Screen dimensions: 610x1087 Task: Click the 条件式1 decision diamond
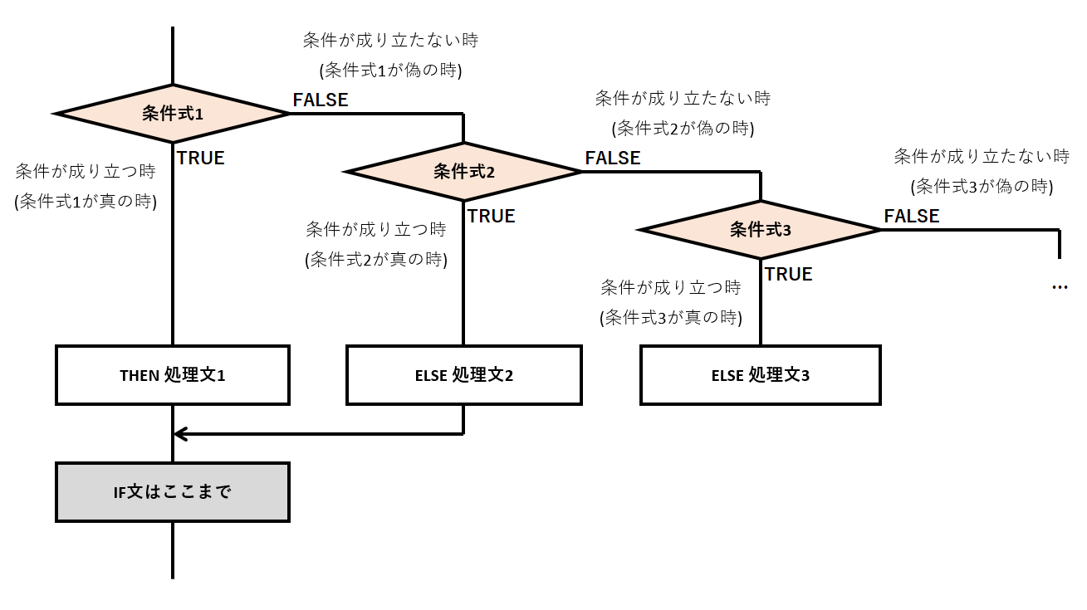pos(173,114)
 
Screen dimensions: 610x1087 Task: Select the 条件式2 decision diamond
pos(463,172)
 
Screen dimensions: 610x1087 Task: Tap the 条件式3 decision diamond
pos(761,230)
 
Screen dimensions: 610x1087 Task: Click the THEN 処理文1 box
pos(173,375)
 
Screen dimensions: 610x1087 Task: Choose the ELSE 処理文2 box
pos(463,375)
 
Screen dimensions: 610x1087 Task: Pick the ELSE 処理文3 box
pos(761,375)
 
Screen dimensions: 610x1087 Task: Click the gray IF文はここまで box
pos(173,492)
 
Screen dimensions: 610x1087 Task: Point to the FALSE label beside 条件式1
pos(321,100)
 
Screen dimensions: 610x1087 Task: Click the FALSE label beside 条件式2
pos(613,158)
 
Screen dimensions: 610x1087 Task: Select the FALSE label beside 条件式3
pos(912,216)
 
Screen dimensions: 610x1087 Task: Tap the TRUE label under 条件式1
pos(201,158)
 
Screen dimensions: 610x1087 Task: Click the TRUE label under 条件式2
pos(492,216)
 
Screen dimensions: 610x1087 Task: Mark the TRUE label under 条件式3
pos(789,274)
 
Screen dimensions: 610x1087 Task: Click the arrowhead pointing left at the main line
pos(180,433)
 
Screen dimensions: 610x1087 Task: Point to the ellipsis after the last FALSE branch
pos(1060,287)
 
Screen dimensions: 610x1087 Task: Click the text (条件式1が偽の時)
pos(390,71)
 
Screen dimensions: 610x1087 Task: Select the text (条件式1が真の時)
pos(86,201)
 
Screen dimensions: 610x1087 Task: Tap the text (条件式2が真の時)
pos(376,259)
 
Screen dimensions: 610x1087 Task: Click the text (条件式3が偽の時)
pos(982,186)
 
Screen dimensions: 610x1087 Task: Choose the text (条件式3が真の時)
pos(670,317)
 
